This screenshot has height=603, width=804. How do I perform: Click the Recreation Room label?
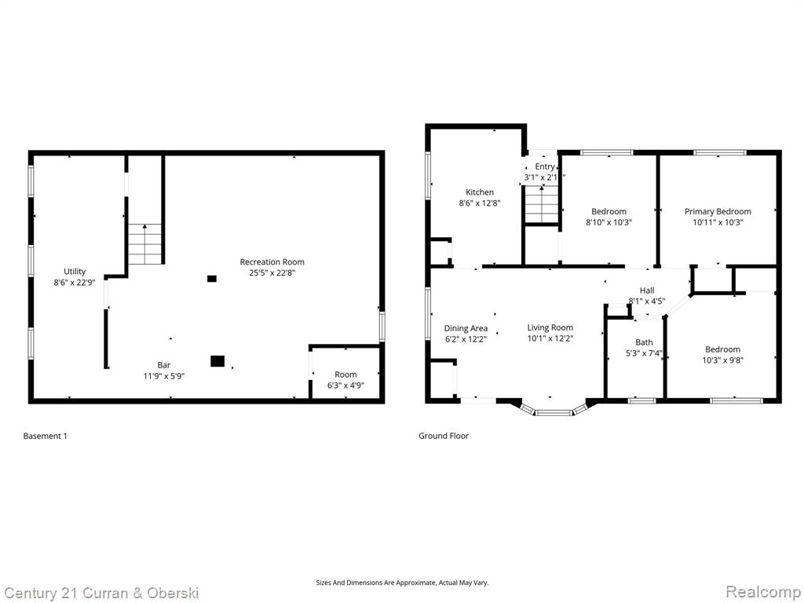point(272,262)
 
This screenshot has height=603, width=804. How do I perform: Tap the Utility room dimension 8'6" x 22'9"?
point(75,282)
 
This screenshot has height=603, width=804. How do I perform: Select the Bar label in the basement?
point(163,365)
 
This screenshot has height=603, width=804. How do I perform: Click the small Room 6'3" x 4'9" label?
point(345,375)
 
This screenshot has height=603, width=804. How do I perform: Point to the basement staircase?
point(145,244)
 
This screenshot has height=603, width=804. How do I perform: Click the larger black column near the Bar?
point(217,361)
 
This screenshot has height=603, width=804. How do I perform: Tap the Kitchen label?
point(480,192)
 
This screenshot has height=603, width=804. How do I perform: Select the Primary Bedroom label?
point(718,211)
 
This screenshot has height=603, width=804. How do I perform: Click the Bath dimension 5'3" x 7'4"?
point(644,353)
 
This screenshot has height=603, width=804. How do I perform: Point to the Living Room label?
point(550,327)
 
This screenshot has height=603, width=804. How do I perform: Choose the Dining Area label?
point(466,328)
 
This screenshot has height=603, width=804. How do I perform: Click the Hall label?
point(647,291)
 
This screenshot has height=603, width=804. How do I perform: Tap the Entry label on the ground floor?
point(545,166)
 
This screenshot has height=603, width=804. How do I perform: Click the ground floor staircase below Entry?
point(542,204)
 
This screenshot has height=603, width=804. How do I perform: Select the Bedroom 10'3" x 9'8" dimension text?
point(722,360)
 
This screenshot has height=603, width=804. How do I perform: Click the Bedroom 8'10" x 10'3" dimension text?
point(608,222)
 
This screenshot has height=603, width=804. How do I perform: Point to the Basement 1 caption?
point(45,436)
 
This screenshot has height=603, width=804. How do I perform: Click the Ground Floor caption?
point(444,436)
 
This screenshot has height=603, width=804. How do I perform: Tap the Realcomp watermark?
point(762,592)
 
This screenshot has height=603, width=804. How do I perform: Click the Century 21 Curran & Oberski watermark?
point(101,594)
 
